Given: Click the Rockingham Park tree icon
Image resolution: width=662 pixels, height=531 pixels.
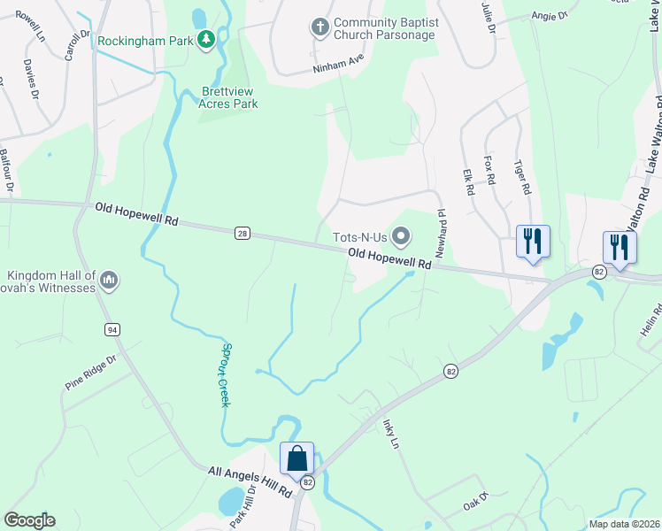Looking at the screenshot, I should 206,39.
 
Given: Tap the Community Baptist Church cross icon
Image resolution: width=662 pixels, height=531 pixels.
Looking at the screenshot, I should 320,27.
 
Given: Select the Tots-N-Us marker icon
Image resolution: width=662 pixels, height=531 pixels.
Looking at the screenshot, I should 401,235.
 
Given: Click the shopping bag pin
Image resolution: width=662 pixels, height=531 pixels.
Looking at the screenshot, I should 297,459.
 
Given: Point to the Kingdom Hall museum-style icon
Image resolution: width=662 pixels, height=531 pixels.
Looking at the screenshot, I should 110,281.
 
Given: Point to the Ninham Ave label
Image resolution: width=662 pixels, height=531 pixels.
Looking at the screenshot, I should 338,62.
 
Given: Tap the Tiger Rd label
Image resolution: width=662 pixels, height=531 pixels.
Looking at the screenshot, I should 522,176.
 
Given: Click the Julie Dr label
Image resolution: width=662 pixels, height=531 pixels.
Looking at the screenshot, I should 488,18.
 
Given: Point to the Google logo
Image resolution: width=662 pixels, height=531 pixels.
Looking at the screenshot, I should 29,520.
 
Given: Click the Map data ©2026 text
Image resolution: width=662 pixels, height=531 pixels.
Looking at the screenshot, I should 624,524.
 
